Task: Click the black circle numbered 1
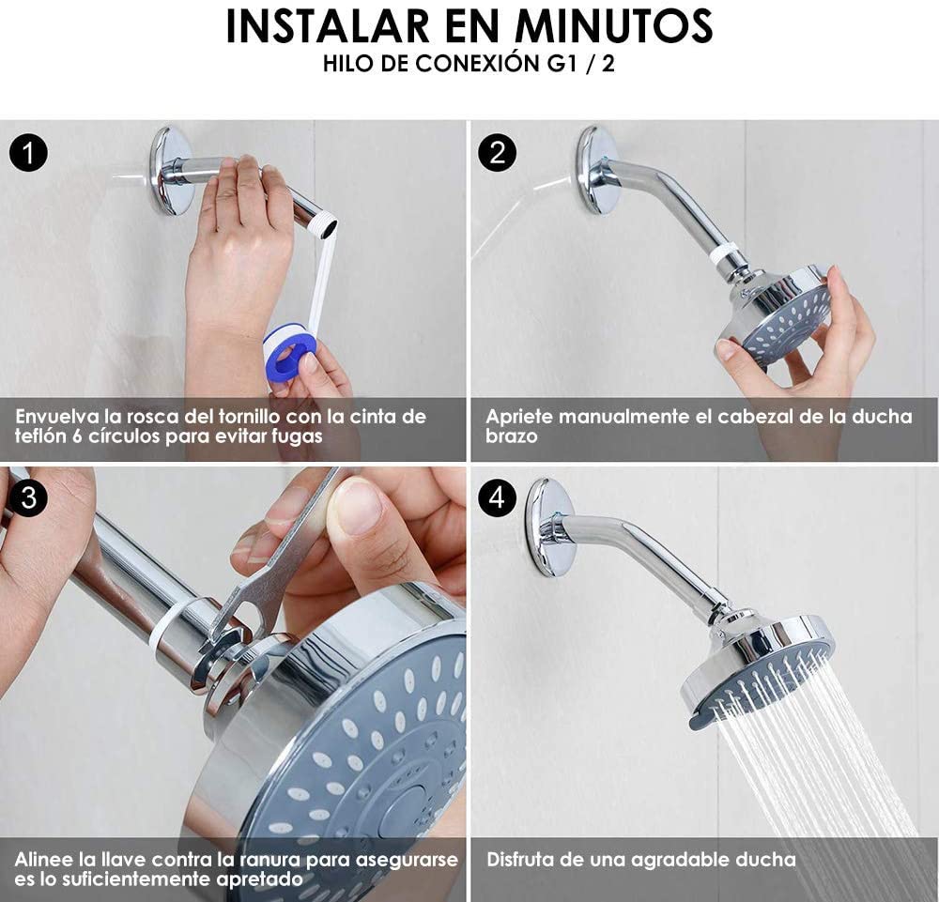(29, 152)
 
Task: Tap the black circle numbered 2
(498, 152)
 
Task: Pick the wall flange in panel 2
(596, 169)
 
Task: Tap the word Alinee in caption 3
(43, 859)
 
